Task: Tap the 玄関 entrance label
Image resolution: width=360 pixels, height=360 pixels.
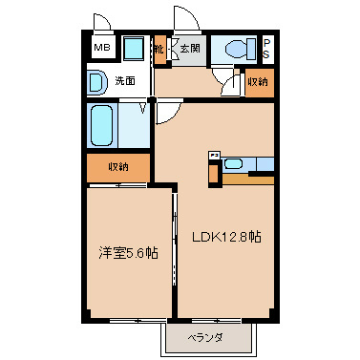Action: (189, 48)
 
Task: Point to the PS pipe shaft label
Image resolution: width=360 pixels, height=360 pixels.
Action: (266, 49)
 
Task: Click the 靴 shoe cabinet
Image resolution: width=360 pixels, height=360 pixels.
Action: (159, 49)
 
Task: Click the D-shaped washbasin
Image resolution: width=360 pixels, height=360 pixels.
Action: (97, 82)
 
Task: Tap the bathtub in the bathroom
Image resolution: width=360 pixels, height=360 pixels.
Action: (103, 125)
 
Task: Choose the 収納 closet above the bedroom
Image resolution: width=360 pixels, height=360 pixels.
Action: (117, 167)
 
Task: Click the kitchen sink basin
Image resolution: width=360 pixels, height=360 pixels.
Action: (234, 163)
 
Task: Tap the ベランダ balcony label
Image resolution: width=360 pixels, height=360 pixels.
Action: (207, 338)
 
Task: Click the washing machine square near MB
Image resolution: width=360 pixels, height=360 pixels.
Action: (133, 49)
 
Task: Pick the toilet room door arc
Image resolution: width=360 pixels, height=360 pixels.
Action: (226, 84)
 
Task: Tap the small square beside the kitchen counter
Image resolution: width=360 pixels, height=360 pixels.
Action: (215, 154)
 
